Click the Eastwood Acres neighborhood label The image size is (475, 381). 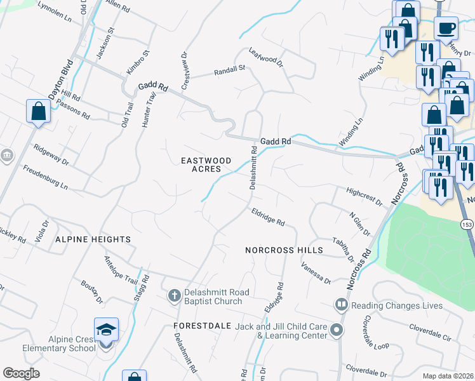coord(202,164)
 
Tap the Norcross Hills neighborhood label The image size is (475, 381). coord(284,251)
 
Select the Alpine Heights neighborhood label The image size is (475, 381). coord(93,239)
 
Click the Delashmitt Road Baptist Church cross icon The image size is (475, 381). coord(174,296)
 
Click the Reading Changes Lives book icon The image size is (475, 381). coord(342,305)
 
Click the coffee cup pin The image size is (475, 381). coord(446,29)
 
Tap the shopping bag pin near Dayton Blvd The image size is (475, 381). coord(39,111)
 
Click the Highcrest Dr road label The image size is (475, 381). coord(365,195)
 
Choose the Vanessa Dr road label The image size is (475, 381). coord(316,273)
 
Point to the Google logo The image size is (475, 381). coord(21,373)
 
